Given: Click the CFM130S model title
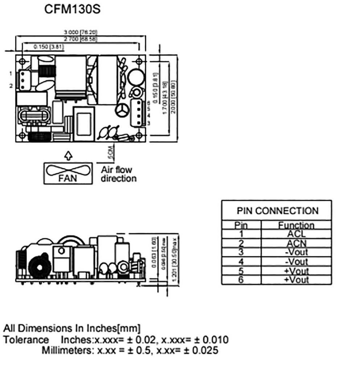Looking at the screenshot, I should (x=72, y=9).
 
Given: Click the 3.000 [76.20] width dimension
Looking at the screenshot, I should (x=80, y=33).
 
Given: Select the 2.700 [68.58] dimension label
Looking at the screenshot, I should (x=80, y=39).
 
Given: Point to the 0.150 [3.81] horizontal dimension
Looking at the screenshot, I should (x=49, y=47).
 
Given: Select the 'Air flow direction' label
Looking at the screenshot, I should (x=119, y=174).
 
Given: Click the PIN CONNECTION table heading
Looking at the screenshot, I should (x=277, y=211).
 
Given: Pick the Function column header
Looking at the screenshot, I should (x=296, y=225).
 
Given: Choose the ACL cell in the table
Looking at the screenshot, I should (x=296, y=234).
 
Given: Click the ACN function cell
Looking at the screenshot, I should (x=296, y=243).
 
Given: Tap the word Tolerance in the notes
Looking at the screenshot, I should (x=26, y=340).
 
